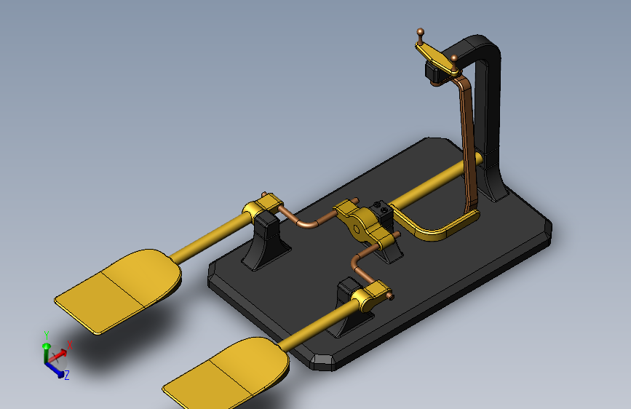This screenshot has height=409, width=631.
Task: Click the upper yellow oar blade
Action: click(119, 290)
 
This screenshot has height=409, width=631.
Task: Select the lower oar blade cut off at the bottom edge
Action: click(227, 373)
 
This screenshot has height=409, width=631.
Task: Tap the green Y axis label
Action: click(47, 335)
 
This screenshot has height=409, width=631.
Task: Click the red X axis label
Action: click(70, 345)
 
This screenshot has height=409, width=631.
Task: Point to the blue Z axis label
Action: click(67, 376)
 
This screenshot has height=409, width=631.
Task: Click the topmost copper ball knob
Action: click(420, 31)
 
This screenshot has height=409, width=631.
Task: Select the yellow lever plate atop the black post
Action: click(437, 59)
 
